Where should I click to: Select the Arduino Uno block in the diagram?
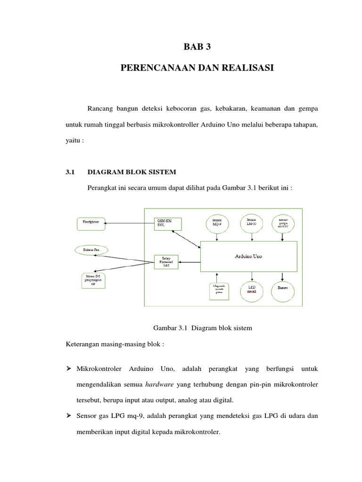tap(248, 257)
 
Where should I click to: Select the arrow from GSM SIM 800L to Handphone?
tap(129, 222)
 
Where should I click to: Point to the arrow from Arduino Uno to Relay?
tap(191, 262)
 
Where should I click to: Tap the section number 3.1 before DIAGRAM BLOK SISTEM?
tap(70, 172)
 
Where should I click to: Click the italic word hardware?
tap(159, 385)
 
